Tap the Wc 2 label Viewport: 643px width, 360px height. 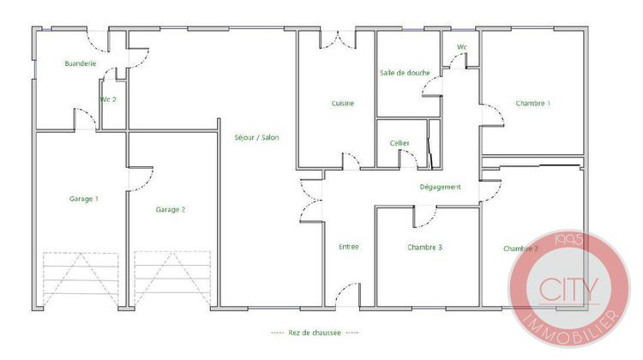[x=108, y=99]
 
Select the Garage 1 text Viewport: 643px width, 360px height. [x=83, y=199]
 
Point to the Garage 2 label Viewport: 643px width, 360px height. [x=171, y=208]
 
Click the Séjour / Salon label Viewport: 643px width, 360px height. [x=256, y=137]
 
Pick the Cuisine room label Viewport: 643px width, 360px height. [x=343, y=104]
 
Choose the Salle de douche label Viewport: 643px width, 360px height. [x=405, y=73]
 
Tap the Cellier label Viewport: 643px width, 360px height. [x=400, y=143]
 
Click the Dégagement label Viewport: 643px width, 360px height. [x=441, y=186]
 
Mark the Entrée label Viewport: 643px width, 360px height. [x=349, y=247]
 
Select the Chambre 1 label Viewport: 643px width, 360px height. [x=533, y=104]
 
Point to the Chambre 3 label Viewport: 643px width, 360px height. [x=425, y=247]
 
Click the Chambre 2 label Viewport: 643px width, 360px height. [x=521, y=249]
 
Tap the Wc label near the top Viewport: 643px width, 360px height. [x=462, y=47]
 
